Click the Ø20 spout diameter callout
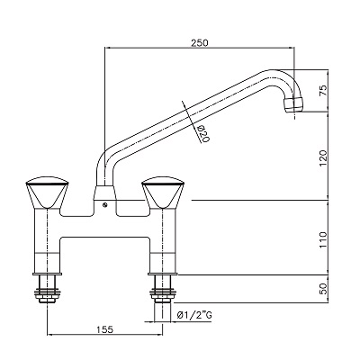point(202,135)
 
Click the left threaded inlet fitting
point(45,289)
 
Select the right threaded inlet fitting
point(164,289)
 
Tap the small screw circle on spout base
point(107,205)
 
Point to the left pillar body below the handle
point(45,238)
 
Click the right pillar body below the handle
point(164,238)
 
